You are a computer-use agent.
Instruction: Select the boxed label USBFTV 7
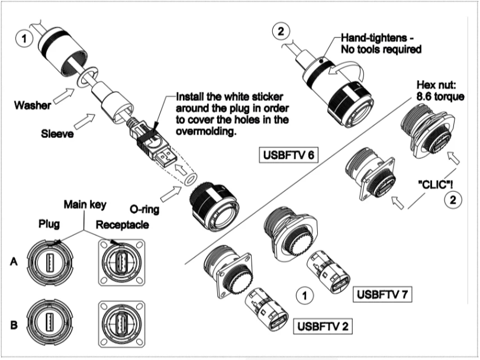click(382, 293)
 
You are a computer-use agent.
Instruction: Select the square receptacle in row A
click(122, 262)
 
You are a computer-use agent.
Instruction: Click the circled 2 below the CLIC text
click(451, 200)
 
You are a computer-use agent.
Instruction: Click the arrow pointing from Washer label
click(67, 94)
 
